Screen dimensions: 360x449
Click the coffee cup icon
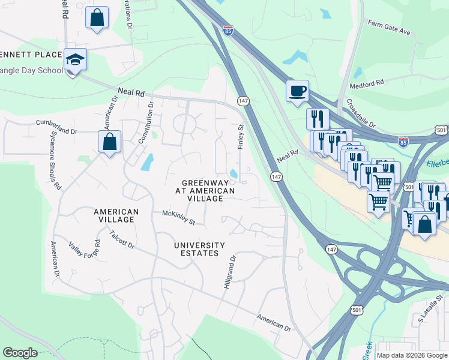[298, 91]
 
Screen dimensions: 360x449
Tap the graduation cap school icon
[76, 59]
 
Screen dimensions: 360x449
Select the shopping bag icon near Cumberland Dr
[109, 142]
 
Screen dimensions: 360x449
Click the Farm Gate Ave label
[389, 28]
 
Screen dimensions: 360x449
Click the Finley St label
[241, 136]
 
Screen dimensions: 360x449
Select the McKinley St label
[179, 217]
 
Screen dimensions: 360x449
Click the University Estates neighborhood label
[199, 249]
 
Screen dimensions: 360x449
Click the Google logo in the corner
[20, 352]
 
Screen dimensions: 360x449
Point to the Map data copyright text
[412, 355]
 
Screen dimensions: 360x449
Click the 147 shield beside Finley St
[243, 101]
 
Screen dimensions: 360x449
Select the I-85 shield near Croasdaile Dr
[403, 142]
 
